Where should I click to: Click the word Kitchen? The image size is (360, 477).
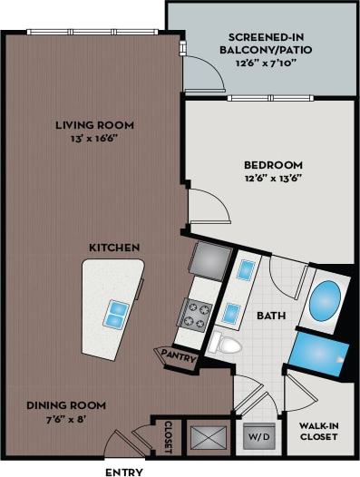click(x=114, y=247)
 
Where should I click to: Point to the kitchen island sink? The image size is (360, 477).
click(x=116, y=314)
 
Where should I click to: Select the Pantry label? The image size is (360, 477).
click(x=179, y=356)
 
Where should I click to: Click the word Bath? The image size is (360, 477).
click(x=271, y=316)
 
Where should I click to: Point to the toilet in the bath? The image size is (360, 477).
click(x=226, y=344)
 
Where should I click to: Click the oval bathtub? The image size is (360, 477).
click(x=325, y=301)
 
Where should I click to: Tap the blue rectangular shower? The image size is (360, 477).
click(x=319, y=351)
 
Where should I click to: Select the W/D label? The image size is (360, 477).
click(x=258, y=436)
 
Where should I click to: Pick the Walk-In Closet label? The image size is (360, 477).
click(x=318, y=429)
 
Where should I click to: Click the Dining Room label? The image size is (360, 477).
click(x=65, y=404)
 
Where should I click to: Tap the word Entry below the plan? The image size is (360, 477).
click(x=123, y=472)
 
